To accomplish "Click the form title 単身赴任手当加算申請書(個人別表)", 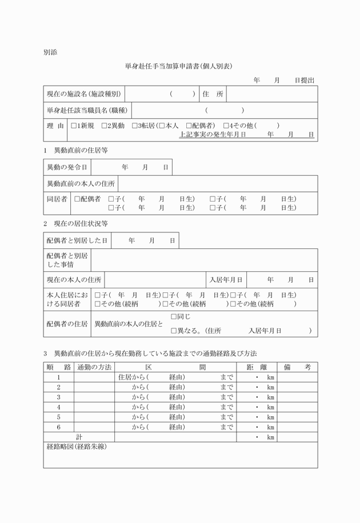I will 179,66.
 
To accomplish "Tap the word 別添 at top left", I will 50,52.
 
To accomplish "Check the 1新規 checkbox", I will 73,126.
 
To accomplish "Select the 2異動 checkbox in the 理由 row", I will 104,126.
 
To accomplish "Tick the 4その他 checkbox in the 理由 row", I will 226,126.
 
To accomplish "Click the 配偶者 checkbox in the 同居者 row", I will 77,199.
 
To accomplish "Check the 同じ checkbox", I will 174,316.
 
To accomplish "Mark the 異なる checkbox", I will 174,331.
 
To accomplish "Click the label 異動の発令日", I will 67,167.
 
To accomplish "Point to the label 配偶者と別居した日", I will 77,241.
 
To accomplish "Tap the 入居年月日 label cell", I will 226,280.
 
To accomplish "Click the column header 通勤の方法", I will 94,367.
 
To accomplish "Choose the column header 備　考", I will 297,367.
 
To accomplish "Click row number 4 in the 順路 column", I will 59,407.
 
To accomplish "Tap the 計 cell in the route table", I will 79,437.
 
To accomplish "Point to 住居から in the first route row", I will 131,377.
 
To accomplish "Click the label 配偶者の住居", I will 67,324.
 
